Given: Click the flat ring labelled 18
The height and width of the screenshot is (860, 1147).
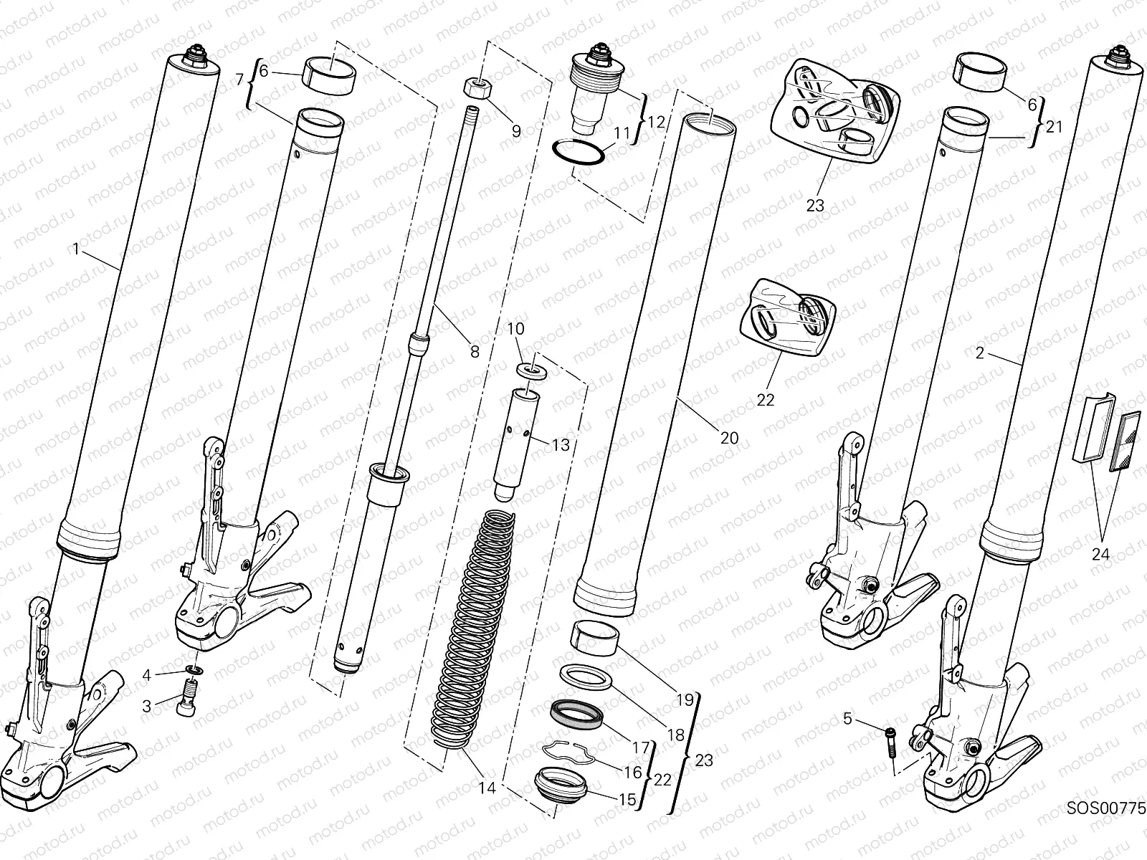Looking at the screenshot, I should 584,677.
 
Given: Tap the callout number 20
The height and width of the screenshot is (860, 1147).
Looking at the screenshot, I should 729,437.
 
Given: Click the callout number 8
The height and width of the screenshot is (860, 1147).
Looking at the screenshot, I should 475,352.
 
